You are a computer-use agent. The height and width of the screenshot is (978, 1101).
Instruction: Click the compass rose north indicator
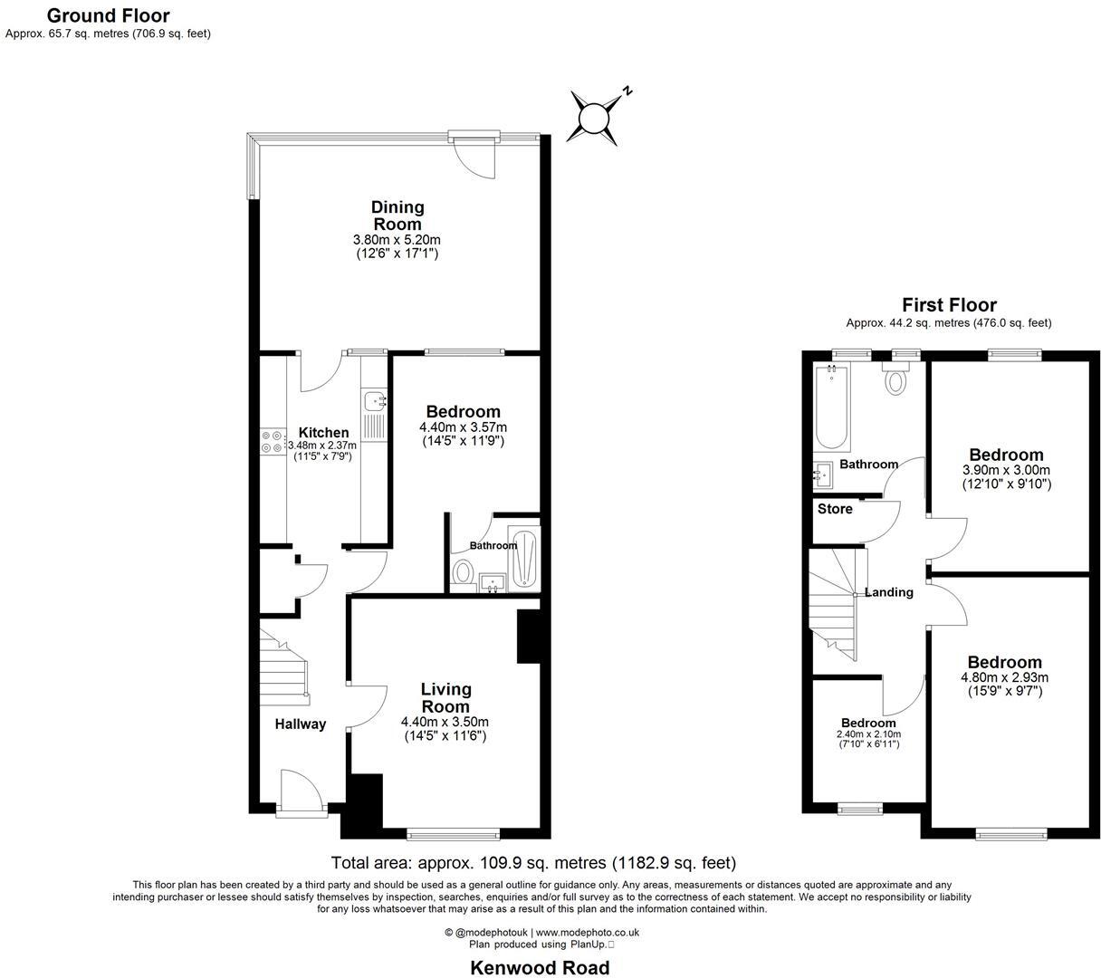(597, 117)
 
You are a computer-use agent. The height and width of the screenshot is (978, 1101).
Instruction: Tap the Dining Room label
(397, 216)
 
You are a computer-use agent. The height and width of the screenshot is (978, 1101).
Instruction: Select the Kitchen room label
(323, 432)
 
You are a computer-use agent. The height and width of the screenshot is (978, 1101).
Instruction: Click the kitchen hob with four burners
(272, 441)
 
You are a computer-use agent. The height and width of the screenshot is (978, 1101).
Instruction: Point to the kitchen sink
(373, 399)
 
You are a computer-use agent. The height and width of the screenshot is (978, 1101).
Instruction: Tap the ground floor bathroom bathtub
(524, 561)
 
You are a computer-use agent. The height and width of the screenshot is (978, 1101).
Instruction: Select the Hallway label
(301, 724)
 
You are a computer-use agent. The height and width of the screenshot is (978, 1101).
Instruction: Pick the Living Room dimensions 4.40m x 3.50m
(445, 722)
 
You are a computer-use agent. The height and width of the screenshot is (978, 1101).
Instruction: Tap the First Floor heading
(949, 305)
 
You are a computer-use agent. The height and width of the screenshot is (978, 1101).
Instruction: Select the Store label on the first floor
(835, 509)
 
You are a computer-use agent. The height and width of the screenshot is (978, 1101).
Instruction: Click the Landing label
(888, 592)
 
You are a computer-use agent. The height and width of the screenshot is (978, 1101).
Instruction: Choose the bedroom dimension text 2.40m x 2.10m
(868, 734)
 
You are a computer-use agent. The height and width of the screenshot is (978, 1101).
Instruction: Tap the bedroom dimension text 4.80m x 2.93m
(1004, 677)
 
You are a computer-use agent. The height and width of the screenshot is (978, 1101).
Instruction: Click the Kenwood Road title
(540, 967)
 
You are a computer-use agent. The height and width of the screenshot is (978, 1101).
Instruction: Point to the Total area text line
(533, 863)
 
